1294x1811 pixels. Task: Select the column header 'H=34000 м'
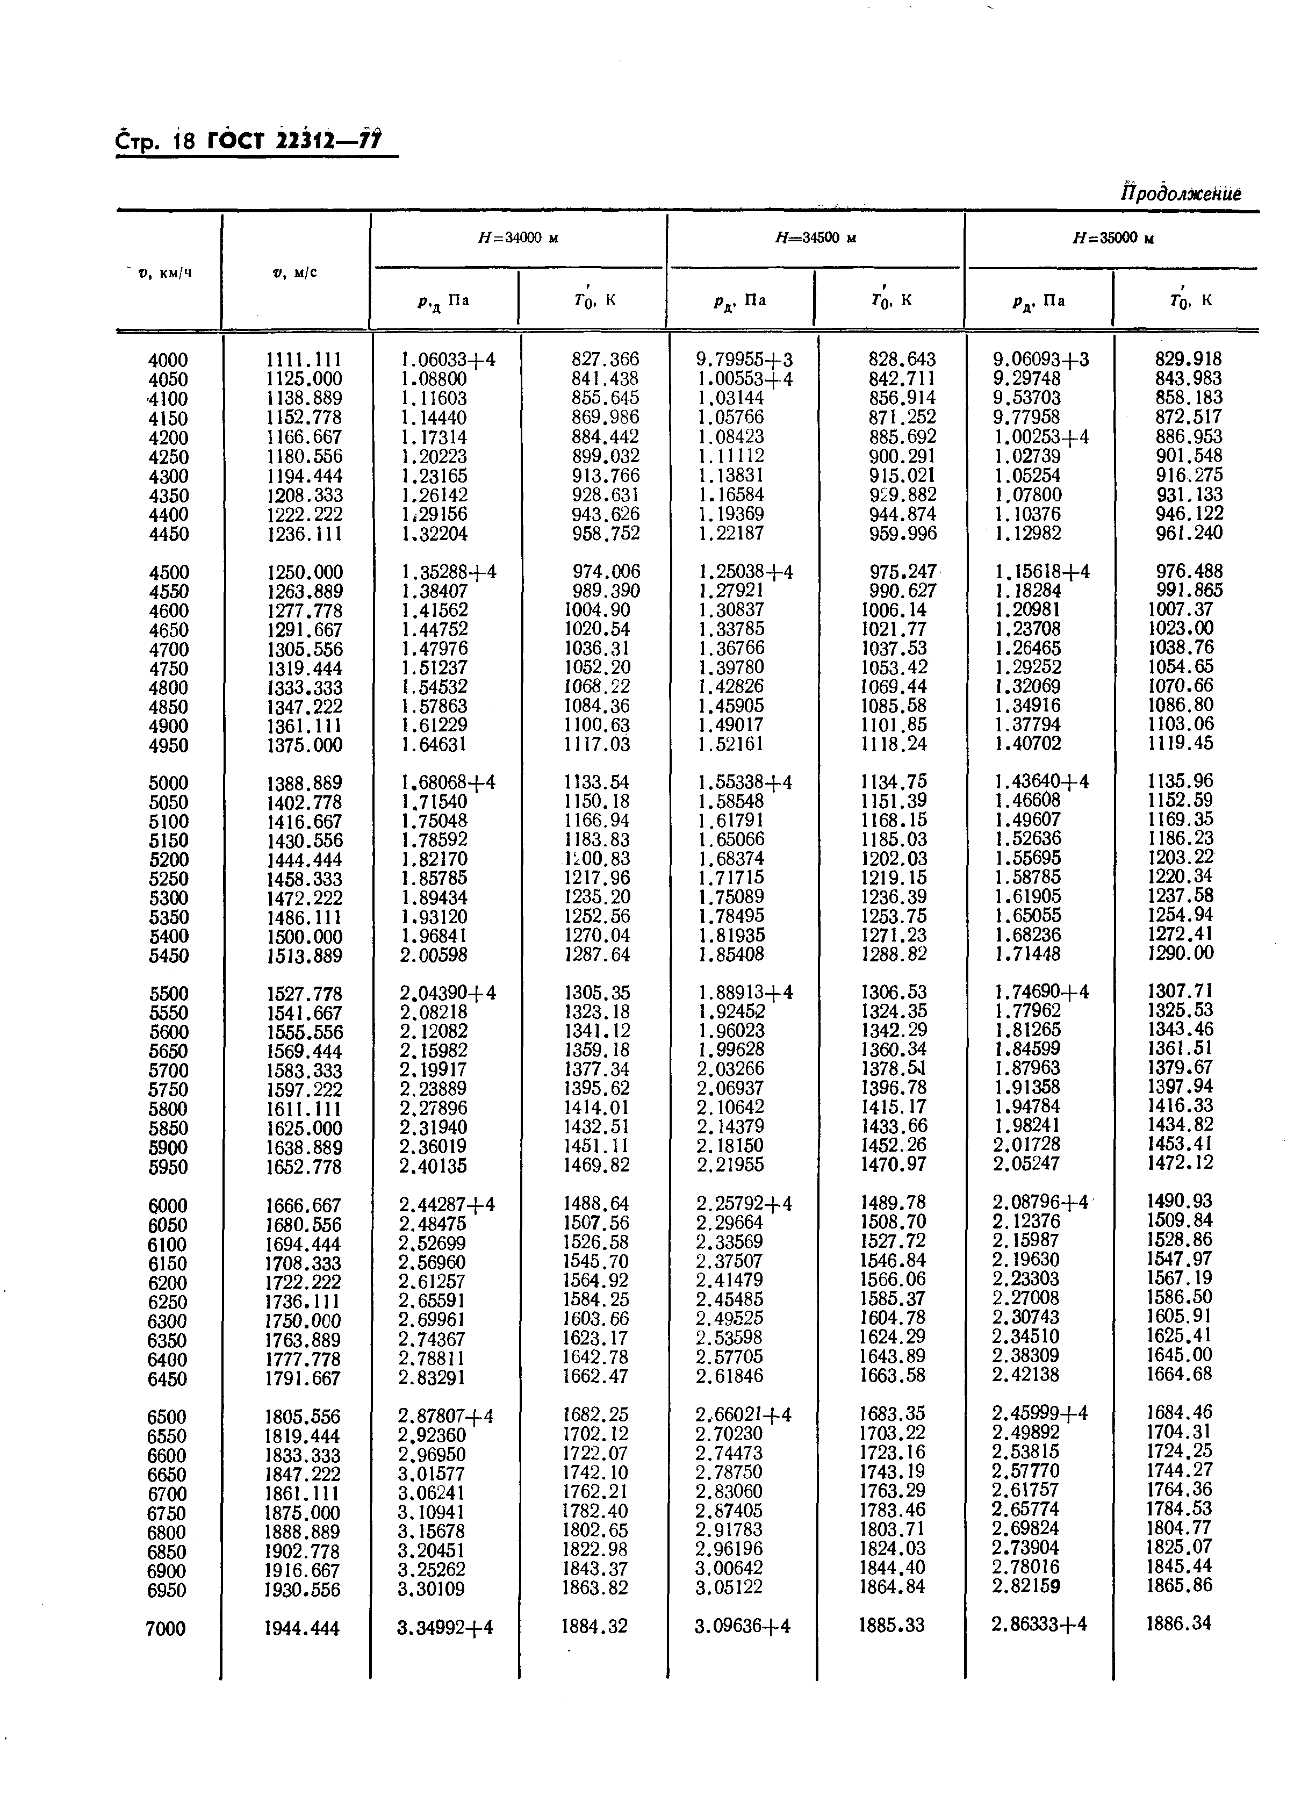pyautogui.click(x=517, y=238)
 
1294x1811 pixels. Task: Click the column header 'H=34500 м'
pyautogui.click(x=815, y=238)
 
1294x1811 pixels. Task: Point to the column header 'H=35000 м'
pyautogui.click(x=1113, y=238)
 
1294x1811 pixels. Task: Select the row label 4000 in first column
pyautogui.click(x=168, y=360)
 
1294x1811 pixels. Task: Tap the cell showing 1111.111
pyautogui.click(x=304, y=360)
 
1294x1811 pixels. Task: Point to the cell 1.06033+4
pyautogui.click(x=447, y=360)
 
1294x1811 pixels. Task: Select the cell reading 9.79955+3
pyautogui.click(x=744, y=360)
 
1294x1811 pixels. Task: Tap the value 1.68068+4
pyautogui.click(x=447, y=783)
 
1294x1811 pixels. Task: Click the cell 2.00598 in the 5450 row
pyautogui.click(x=434, y=954)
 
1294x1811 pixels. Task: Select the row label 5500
pyautogui.click(x=168, y=994)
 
